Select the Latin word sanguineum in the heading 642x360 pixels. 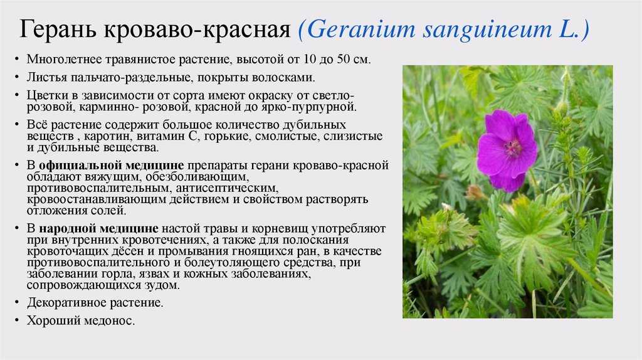click(x=487, y=30)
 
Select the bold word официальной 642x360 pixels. click(x=80, y=166)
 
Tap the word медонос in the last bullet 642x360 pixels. click(x=109, y=320)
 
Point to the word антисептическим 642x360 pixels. click(x=227, y=188)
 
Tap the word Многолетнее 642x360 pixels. click(x=65, y=60)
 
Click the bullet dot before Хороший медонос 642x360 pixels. click(x=17, y=320)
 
